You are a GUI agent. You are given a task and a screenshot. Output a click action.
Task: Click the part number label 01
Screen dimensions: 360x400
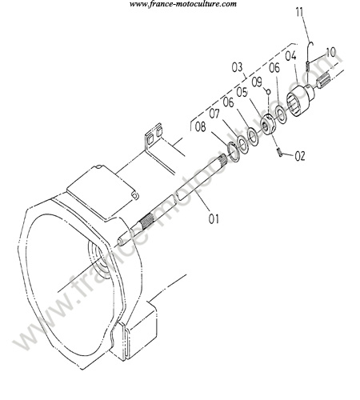click(214, 218)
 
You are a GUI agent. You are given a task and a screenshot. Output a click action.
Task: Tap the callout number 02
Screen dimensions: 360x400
click(300, 156)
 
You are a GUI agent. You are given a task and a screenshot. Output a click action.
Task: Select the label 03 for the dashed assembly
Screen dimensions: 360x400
click(237, 67)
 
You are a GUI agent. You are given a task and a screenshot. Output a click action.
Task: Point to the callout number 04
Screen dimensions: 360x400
click(290, 56)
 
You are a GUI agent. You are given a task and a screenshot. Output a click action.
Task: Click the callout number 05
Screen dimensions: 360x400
click(242, 92)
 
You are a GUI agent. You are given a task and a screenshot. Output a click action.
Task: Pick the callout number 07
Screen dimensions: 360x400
click(214, 114)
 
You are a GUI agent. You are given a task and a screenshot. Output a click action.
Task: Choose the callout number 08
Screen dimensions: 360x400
click(201, 127)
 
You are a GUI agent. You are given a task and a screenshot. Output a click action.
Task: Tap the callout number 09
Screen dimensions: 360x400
click(257, 82)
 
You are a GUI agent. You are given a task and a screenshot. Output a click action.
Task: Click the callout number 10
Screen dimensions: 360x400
click(331, 52)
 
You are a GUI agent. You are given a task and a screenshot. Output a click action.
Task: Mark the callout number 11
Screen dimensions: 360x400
click(299, 13)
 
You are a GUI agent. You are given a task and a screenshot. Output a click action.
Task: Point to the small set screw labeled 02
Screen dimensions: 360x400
click(280, 152)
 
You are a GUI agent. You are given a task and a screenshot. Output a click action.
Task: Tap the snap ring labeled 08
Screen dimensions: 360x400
click(234, 152)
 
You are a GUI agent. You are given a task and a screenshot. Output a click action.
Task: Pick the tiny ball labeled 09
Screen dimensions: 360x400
click(269, 92)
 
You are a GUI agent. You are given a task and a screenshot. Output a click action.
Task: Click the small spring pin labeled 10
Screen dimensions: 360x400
click(307, 66)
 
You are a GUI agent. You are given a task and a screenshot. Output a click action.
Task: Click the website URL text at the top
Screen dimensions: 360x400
click(183, 4)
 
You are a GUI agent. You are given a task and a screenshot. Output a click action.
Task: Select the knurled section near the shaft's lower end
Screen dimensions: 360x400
click(146, 221)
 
